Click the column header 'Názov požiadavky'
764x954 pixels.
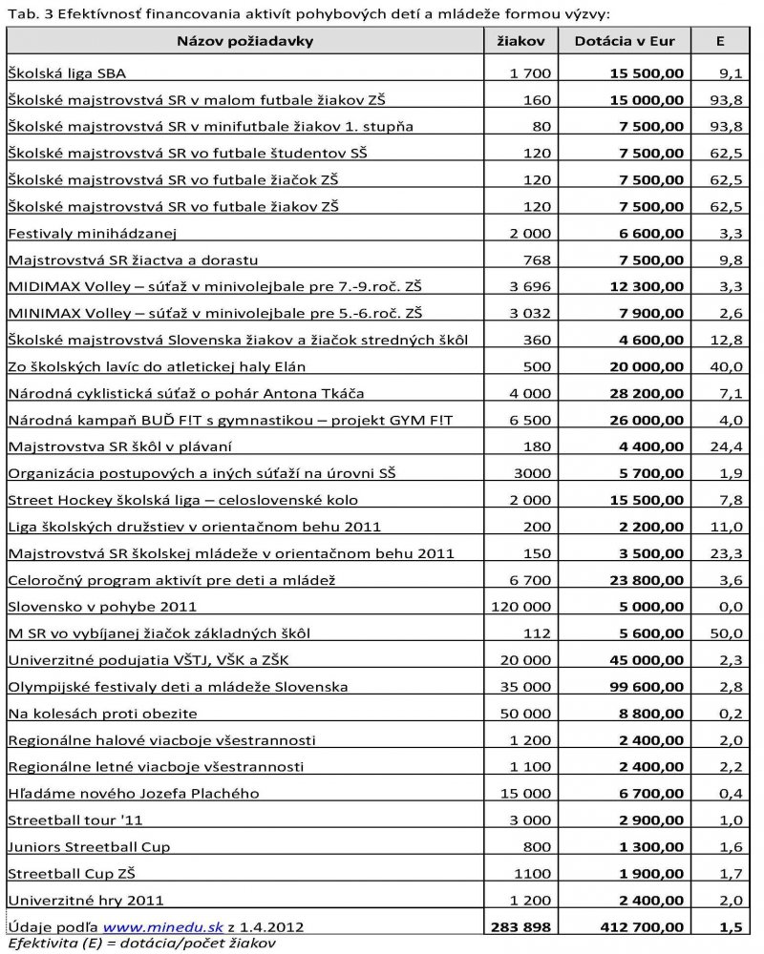pyautogui.click(x=244, y=41)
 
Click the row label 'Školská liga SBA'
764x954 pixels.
pyautogui.click(x=66, y=73)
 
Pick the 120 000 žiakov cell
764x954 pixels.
pyautogui.click(x=520, y=607)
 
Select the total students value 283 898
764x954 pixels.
pyautogui.click(x=520, y=926)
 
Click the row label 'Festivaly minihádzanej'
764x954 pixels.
pyautogui.click(x=93, y=233)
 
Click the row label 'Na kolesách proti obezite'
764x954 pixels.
pyautogui.click(x=102, y=714)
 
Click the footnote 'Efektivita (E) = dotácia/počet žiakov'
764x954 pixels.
pyautogui.click(x=141, y=944)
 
